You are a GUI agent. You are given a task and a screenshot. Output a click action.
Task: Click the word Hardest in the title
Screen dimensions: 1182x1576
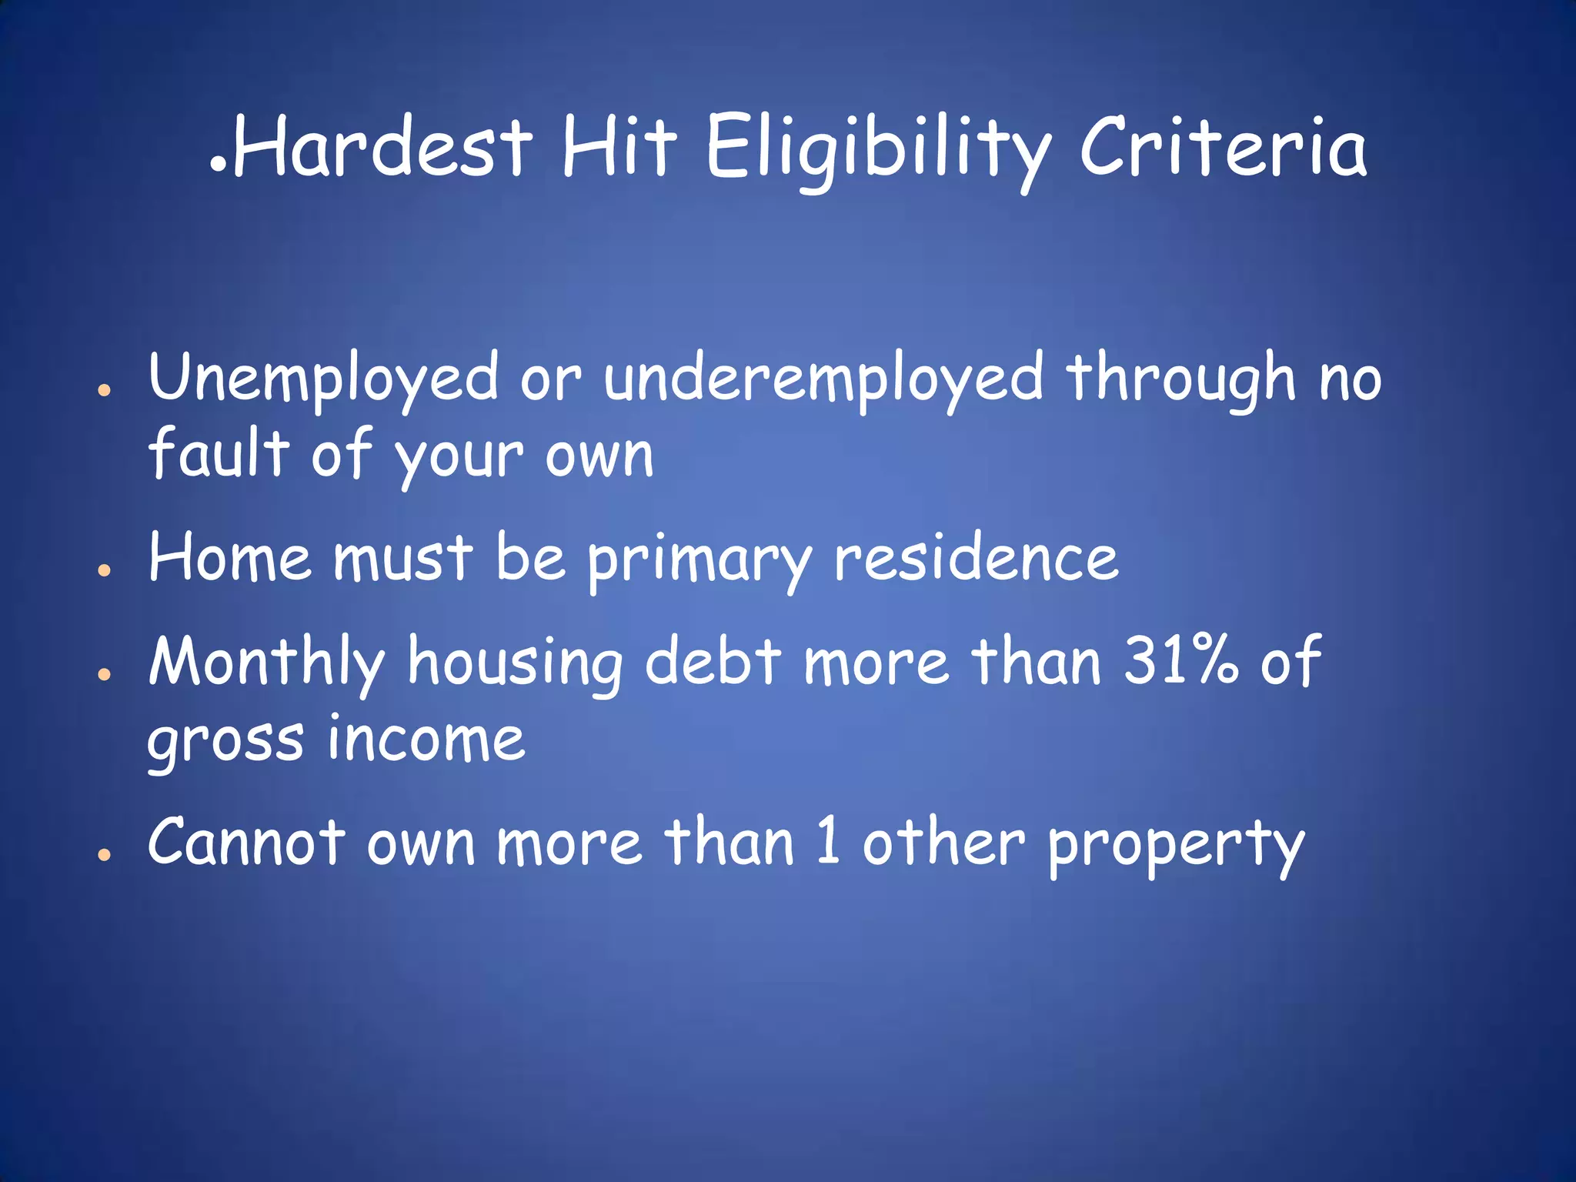point(382,146)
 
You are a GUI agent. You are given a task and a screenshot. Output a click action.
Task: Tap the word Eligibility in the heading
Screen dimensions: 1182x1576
point(878,150)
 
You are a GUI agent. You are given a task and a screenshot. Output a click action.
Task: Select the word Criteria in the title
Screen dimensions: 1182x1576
point(1223,146)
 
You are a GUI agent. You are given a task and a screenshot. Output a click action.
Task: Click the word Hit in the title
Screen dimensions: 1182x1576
point(619,146)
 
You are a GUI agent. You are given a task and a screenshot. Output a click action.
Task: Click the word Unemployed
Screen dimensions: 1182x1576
point(323,379)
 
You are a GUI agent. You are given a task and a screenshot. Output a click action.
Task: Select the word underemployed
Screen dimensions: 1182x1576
point(823,379)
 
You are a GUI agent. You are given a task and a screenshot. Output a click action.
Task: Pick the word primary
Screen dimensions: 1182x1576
point(700,560)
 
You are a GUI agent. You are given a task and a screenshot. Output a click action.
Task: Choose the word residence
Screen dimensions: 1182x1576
point(976,557)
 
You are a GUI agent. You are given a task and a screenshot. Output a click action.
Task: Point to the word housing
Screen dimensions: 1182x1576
point(515,663)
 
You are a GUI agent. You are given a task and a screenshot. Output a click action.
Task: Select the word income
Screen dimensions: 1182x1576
point(426,739)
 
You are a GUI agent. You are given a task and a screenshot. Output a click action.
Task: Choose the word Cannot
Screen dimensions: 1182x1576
point(246,842)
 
